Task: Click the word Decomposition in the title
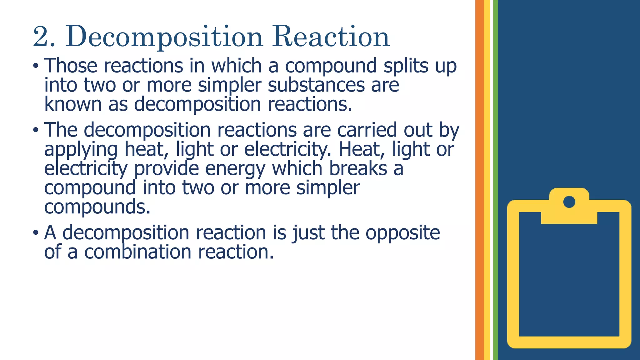pos(164,37)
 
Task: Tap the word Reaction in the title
pos(331,37)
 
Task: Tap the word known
pos(73,104)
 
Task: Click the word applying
pos(81,150)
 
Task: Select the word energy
pos(235,169)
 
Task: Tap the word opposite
pos(403,233)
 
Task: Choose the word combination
pos(137,252)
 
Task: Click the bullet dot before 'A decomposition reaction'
pos(36,233)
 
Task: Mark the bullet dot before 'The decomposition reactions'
pos(36,130)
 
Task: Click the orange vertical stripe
pos(479,180)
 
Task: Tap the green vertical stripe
pos(495,180)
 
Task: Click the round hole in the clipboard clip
pos(569,202)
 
